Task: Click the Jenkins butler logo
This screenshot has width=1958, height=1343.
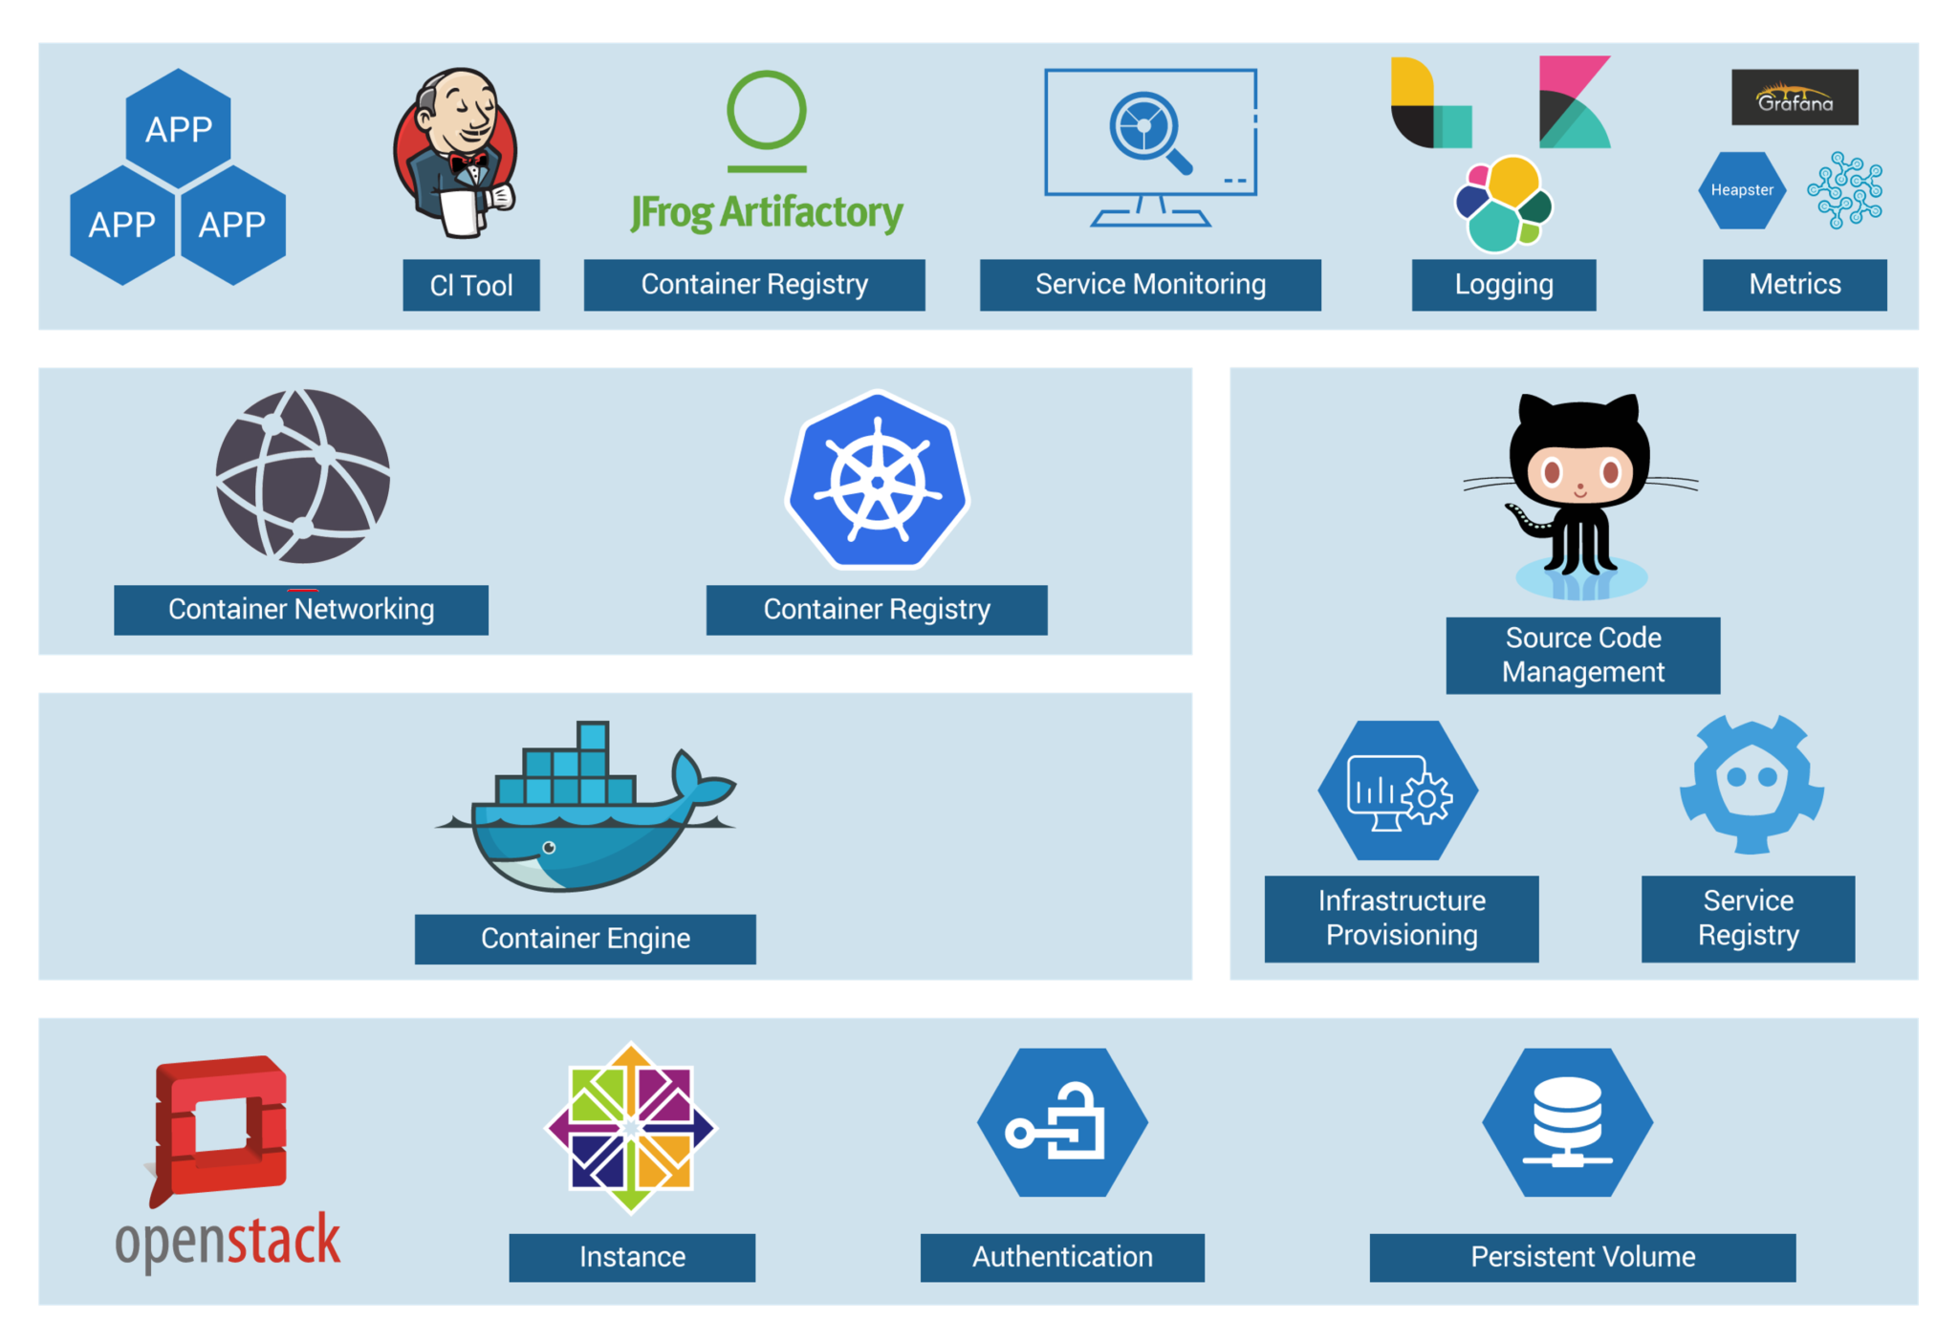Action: coord(456,153)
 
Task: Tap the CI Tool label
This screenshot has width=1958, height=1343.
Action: coord(471,285)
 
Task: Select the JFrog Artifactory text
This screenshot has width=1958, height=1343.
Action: coord(766,212)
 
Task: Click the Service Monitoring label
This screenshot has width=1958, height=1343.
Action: coord(1150,285)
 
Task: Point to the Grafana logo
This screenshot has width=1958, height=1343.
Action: coord(1795,97)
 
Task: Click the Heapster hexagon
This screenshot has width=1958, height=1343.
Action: coord(1742,190)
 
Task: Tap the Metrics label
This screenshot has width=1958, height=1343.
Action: coord(1795,285)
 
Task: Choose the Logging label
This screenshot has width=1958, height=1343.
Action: coord(1504,285)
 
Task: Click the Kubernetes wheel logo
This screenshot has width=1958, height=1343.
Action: coord(878,480)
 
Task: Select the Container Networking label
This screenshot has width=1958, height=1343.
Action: coord(301,610)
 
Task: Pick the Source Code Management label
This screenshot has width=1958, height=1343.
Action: coord(1583,656)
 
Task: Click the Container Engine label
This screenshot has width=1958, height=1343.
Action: coord(585,939)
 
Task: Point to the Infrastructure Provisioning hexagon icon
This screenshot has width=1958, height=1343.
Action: coord(1398,791)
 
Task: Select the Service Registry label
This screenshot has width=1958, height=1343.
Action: coord(1748,919)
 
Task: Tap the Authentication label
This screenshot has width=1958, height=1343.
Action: coord(1062,1257)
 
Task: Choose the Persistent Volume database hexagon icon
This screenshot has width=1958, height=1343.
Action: coord(1568,1122)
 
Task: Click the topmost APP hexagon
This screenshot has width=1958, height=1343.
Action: coord(179,128)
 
